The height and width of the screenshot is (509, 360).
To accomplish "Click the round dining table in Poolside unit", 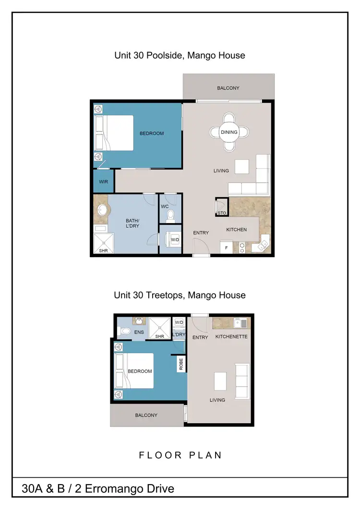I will point(229,132).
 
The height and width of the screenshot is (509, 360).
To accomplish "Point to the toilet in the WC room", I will point(171,216).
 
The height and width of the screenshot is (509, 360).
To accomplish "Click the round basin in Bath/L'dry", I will point(102,210).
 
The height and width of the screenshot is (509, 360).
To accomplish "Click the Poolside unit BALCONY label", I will point(228,88).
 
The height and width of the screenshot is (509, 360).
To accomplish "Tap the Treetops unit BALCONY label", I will point(146,415).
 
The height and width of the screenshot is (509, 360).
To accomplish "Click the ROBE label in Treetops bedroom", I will point(181,364).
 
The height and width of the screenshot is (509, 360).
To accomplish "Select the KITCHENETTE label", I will point(231,337).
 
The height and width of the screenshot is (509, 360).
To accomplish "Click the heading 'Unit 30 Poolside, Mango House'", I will point(180,55).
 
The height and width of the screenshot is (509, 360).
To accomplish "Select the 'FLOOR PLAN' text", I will point(180,455).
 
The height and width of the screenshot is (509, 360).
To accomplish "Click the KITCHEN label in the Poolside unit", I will point(237,230).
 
